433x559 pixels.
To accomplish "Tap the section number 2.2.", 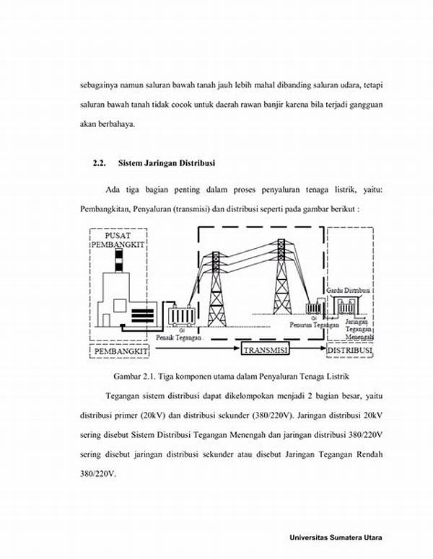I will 100,163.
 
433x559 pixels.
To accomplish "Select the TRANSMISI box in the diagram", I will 264,351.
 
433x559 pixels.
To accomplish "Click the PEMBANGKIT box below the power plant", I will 119,351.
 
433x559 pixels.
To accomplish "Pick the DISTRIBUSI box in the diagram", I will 350,351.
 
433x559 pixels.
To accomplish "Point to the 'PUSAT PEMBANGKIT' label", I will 119,240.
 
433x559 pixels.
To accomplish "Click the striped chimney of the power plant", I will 118,264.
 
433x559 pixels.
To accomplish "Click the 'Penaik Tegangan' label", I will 179,337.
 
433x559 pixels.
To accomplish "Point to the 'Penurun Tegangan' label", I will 315,325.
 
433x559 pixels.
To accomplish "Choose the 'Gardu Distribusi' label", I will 349,289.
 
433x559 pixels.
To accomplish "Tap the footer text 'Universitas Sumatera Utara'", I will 336,538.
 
